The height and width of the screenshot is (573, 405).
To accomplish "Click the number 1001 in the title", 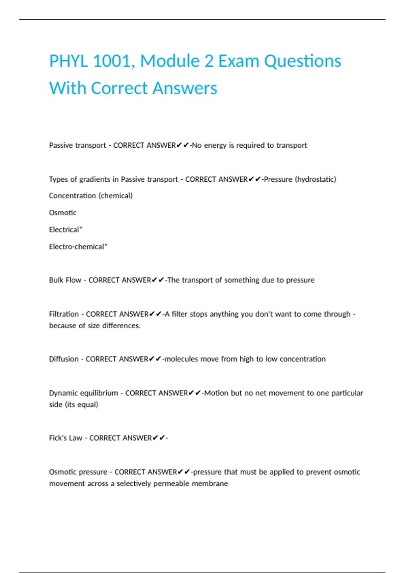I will (111, 61).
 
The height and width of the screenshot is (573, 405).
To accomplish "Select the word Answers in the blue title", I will (185, 88).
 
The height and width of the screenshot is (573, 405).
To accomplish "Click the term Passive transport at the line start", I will (77, 145).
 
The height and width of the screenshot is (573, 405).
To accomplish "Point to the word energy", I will (215, 145).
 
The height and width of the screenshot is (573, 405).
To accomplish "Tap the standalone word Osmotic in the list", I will (63, 213).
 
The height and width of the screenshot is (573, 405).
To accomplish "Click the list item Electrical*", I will (66, 230).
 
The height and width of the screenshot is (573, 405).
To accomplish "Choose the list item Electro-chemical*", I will (78, 247).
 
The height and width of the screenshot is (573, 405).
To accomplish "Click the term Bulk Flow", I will (65, 280).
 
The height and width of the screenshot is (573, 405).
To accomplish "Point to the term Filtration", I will (64, 314).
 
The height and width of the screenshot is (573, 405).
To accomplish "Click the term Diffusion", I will (64, 359).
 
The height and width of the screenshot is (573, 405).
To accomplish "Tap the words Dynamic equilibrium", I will (83, 393).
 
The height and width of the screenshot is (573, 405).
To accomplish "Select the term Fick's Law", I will (65, 438).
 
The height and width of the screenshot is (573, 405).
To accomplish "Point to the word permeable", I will (171, 484).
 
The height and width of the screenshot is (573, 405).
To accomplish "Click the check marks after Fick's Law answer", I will (159, 438).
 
